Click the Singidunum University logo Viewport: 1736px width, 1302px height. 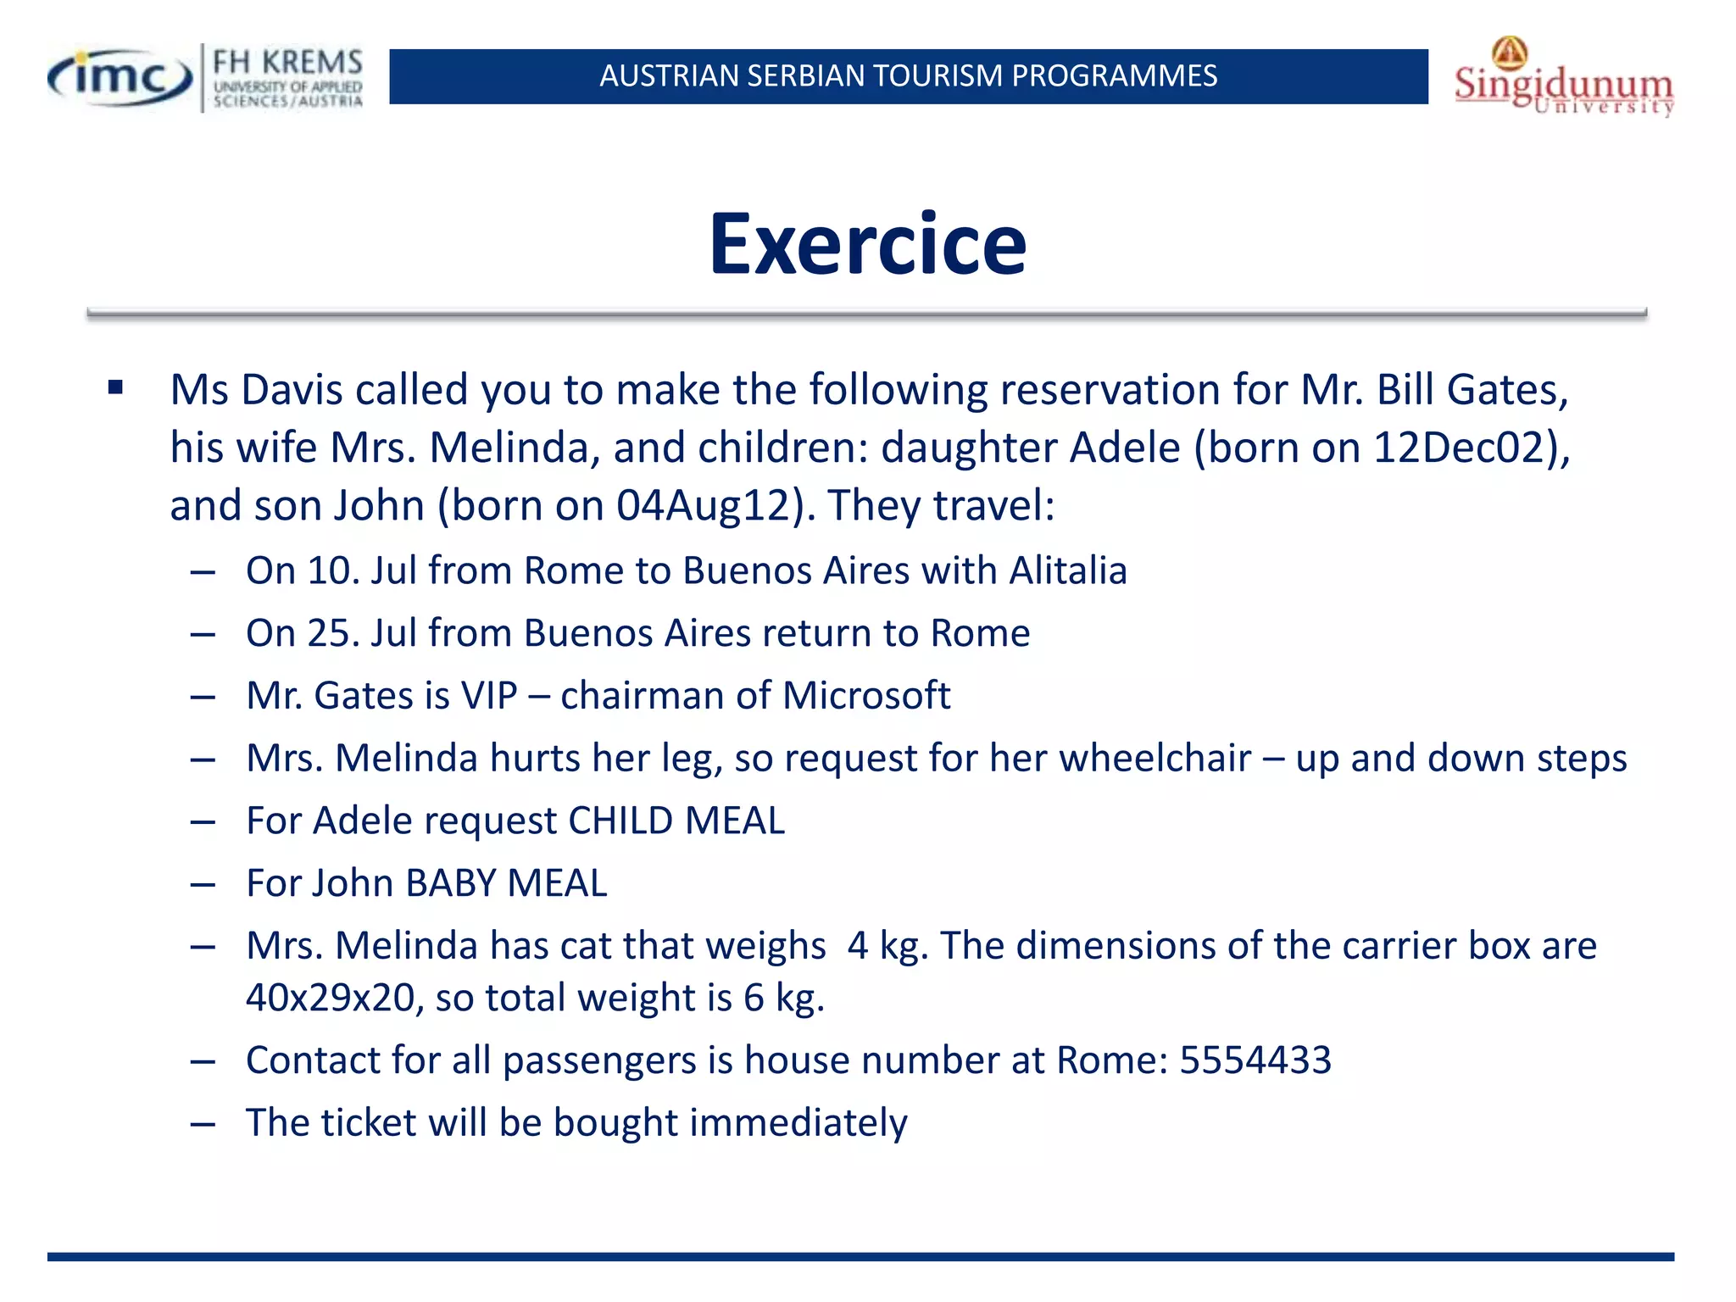[x=1564, y=81]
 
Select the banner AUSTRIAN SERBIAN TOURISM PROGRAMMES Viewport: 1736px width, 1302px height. [x=908, y=76]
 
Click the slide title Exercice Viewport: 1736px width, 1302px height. [x=867, y=244]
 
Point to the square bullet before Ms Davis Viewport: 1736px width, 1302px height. [x=116, y=389]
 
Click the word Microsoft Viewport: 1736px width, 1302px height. [x=865, y=695]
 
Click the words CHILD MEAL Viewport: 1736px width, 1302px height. [x=676, y=821]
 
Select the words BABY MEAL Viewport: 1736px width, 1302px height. [x=506, y=883]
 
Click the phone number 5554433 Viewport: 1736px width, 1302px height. [x=1255, y=1060]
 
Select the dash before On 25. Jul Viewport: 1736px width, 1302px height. [x=203, y=634]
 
